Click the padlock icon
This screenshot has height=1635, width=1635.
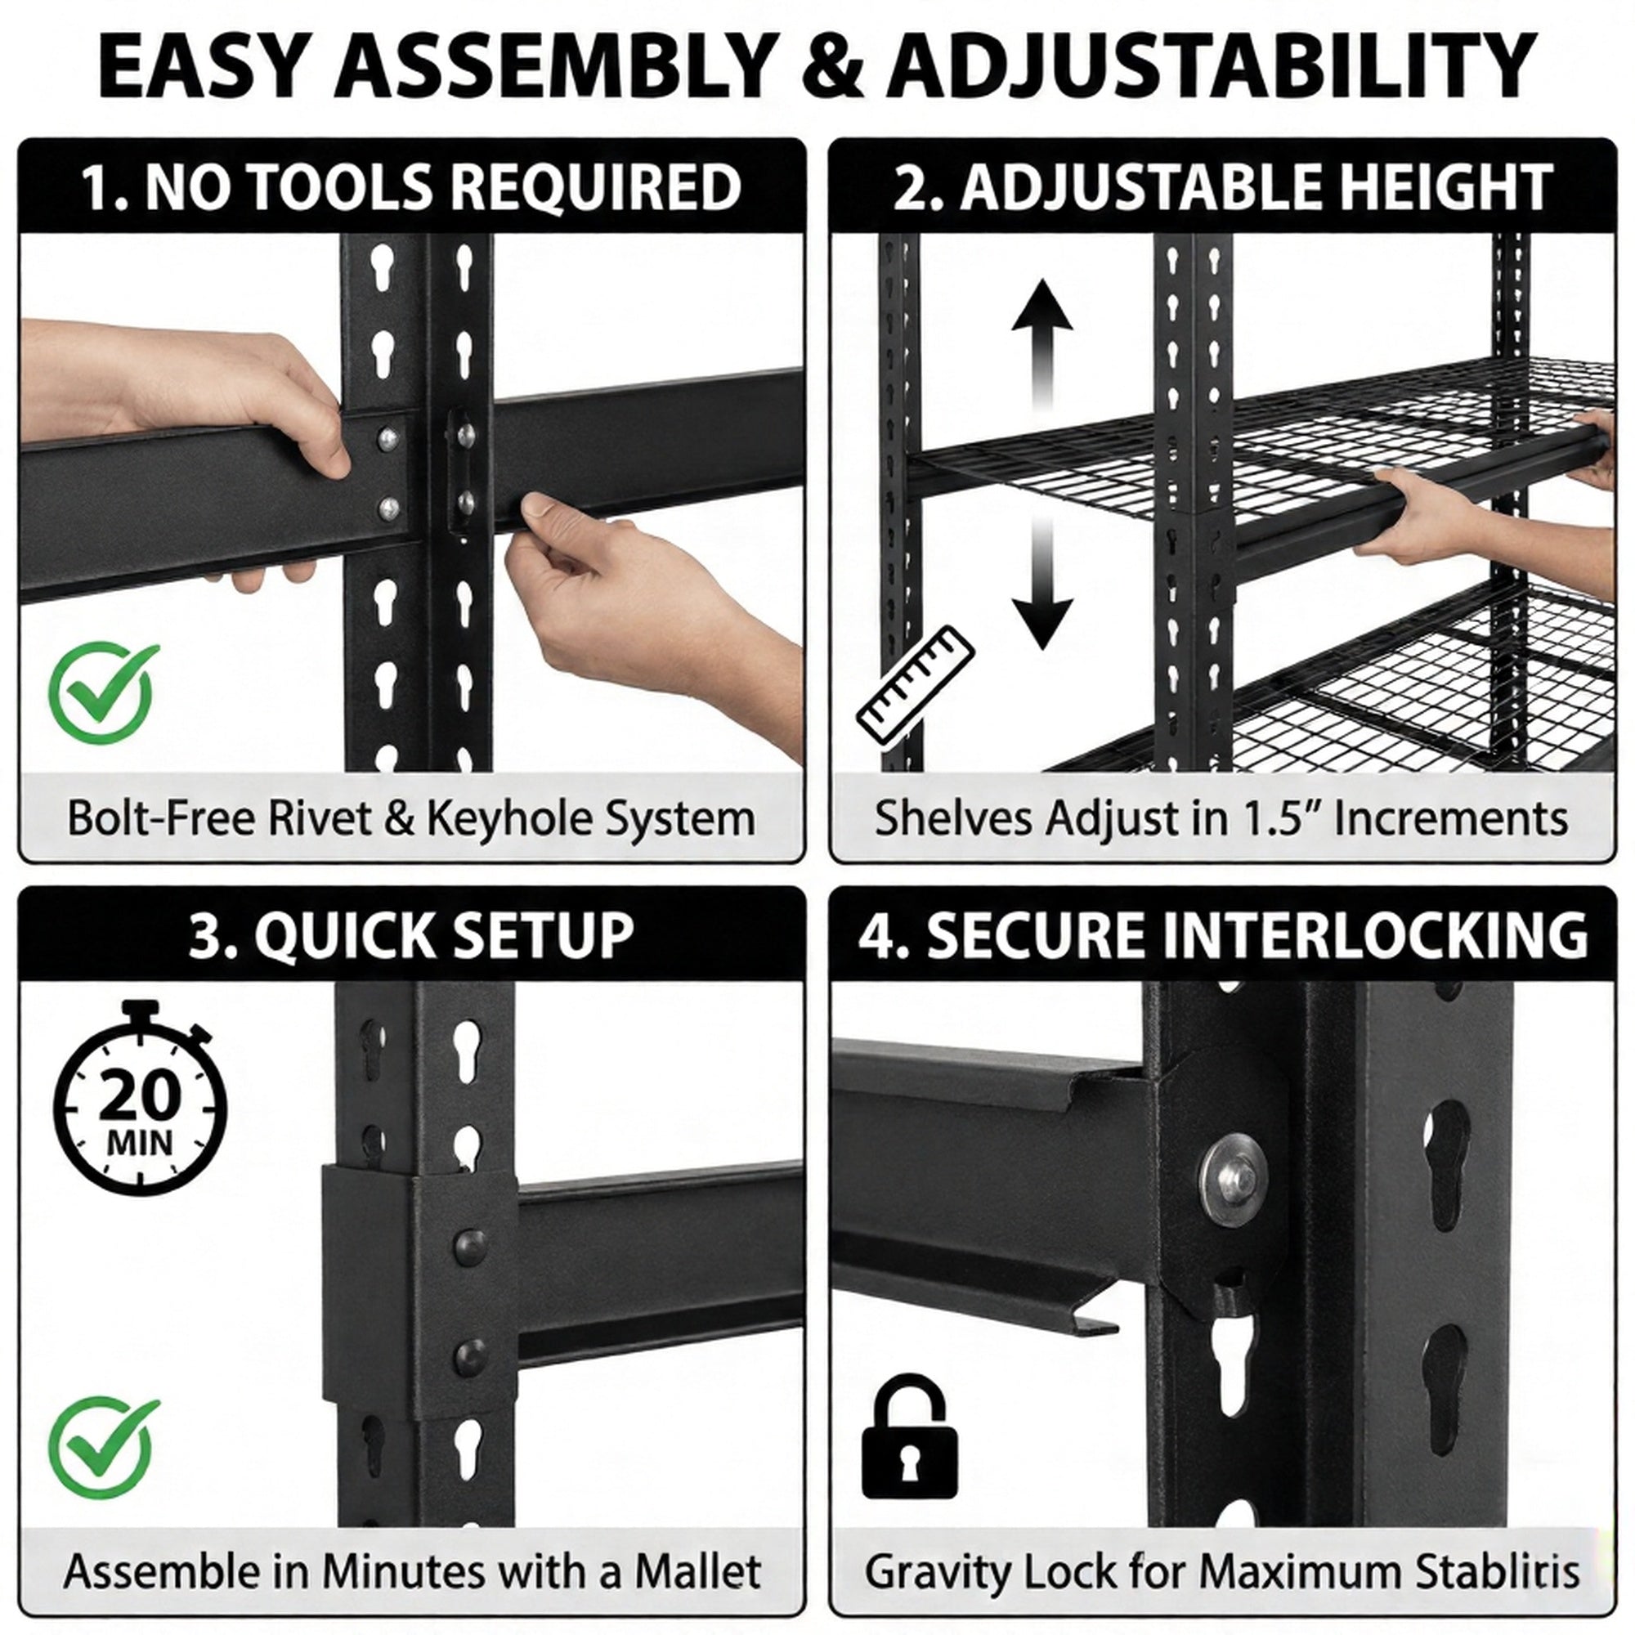pyautogui.click(x=910, y=1438)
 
